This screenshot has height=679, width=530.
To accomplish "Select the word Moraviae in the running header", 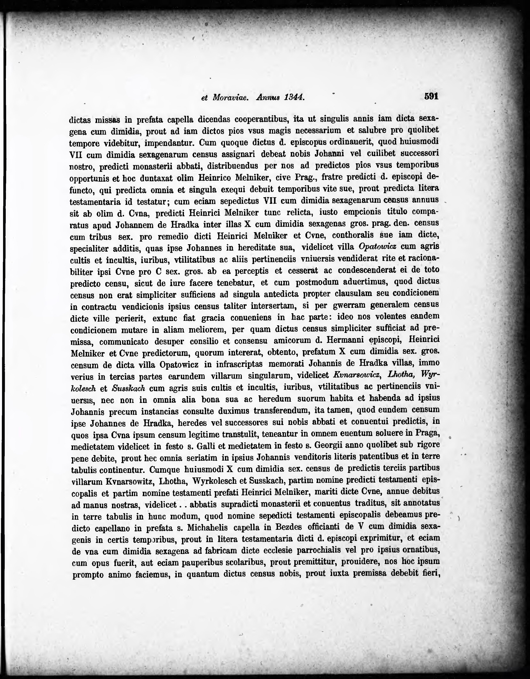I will [230, 97].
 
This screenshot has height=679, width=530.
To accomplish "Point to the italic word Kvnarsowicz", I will [357, 375].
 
